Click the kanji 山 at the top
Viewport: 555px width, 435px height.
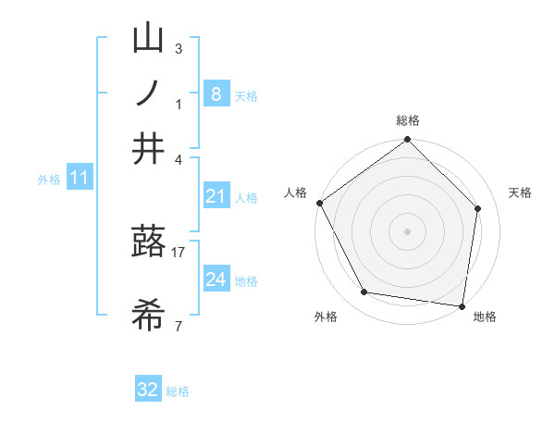click(x=148, y=39)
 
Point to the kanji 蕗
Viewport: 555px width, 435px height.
click(x=148, y=242)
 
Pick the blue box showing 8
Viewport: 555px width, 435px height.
click(x=216, y=93)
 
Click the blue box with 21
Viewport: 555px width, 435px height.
click(x=216, y=195)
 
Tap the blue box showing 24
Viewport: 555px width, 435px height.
click(x=216, y=280)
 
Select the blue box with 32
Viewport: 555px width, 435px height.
click(x=148, y=390)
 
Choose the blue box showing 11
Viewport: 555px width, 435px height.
click(x=79, y=178)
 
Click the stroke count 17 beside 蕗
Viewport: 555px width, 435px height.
click(x=179, y=252)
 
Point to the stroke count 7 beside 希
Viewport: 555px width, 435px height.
click(x=179, y=326)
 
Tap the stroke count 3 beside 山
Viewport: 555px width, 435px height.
click(x=179, y=48)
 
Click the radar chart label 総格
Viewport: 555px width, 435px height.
click(x=407, y=120)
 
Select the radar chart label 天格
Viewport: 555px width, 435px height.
click(x=521, y=193)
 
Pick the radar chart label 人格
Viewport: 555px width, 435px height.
click(x=296, y=193)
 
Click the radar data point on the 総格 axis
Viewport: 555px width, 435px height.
click(x=407, y=141)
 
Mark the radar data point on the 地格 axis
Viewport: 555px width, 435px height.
click(x=462, y=305)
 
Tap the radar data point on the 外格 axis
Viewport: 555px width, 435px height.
click(x=364, y=292)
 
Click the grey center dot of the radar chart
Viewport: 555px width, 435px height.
click(x=407, y=230)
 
